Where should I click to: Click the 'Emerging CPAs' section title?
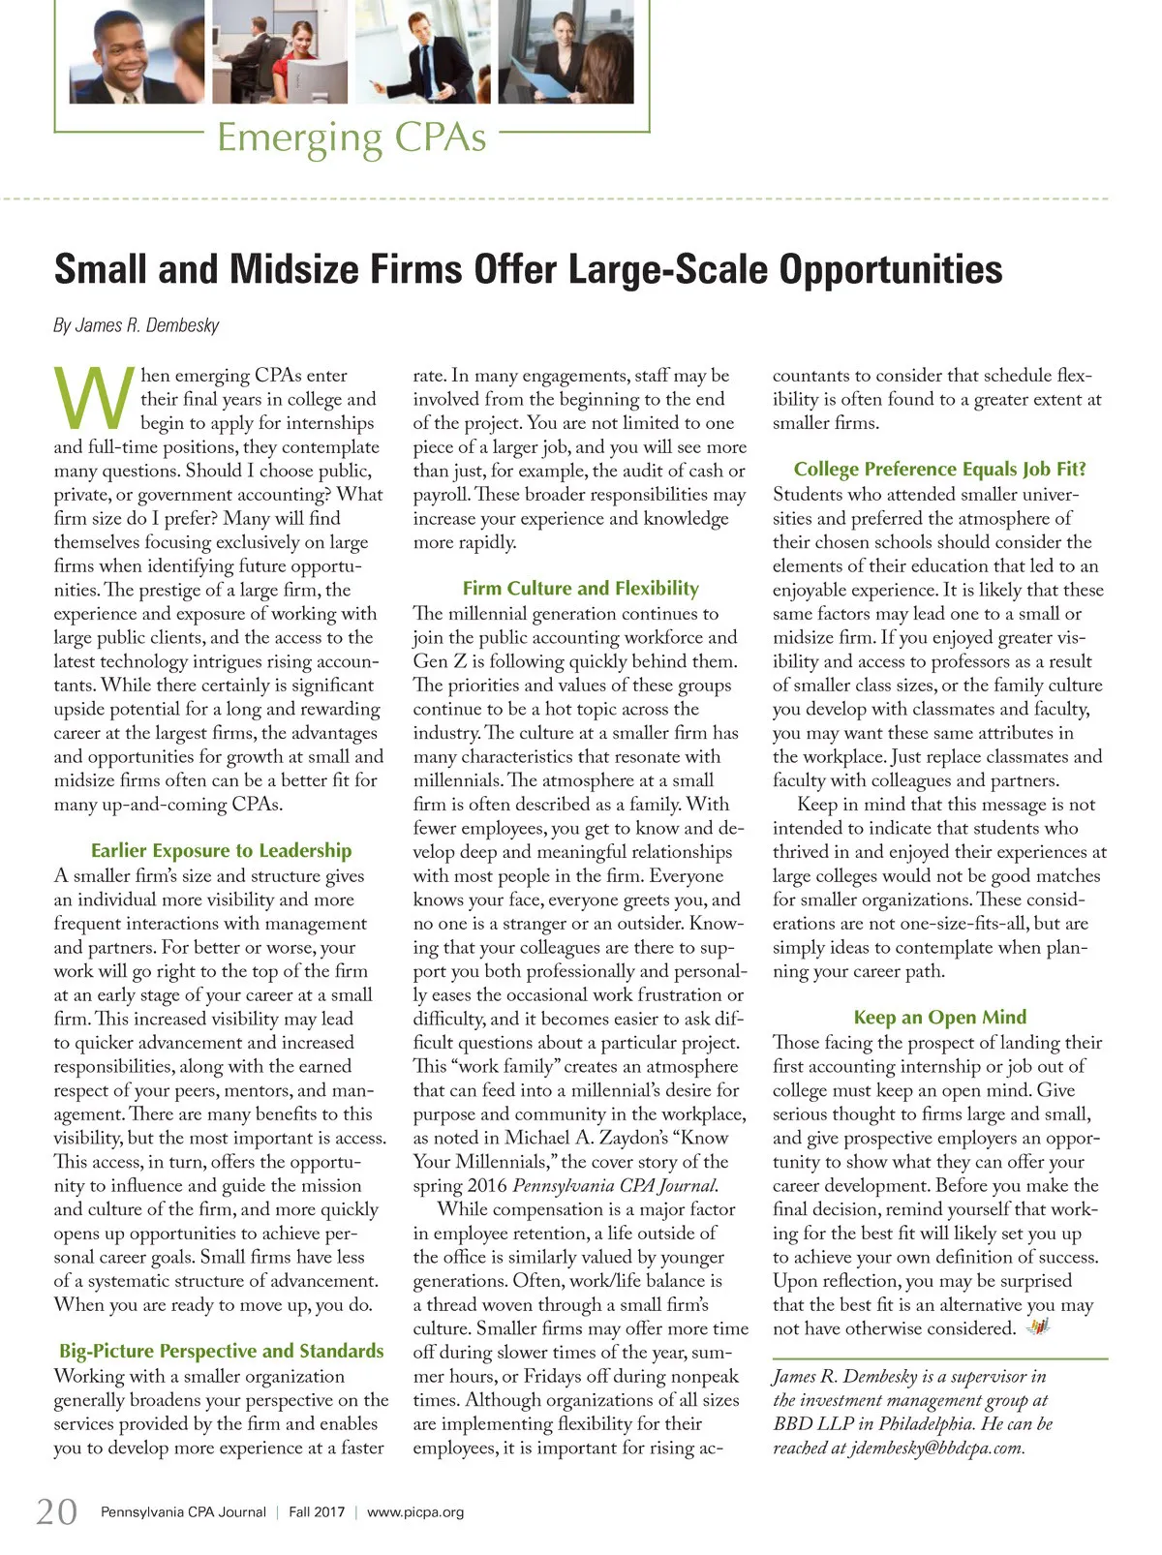click(351, 137)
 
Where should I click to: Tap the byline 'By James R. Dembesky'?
click(137, 325)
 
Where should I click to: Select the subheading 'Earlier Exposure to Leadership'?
click(221, 850)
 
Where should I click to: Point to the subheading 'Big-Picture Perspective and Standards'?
click(221, 1351)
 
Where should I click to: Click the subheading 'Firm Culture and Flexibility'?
click(580, 588)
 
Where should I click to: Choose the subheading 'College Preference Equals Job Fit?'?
click(939, 469)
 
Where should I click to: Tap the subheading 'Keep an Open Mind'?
click(939, 1017)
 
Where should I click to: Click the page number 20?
click(56, 1511)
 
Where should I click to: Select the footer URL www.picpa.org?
click(415, 1511)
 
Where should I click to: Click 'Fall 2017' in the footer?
click(317, 1511)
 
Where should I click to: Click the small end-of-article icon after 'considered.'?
click(1038, 1326)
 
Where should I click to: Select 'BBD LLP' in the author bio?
click(811, 1424)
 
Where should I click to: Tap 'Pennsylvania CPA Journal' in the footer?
click(183, 1511)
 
